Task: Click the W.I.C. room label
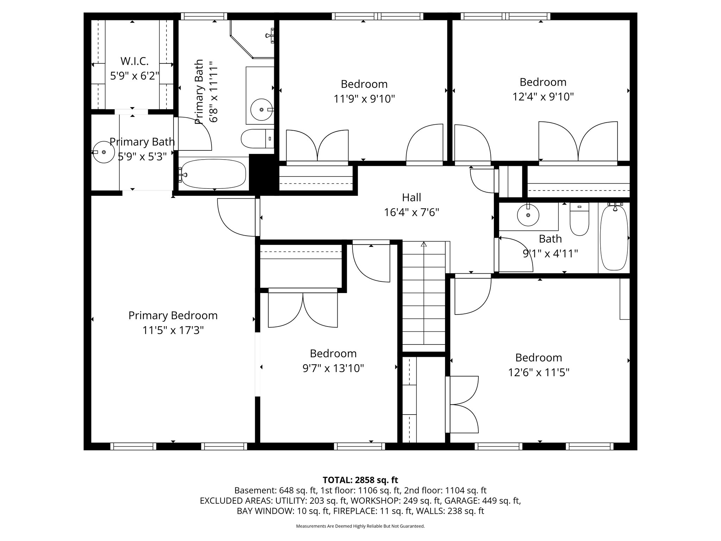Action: point(134,61)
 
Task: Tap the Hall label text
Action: point(412,198)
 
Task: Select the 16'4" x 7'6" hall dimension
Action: point(412,212)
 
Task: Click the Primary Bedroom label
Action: point(173,316)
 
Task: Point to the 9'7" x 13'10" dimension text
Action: point(333,368)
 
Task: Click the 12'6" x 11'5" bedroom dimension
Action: point(539,372)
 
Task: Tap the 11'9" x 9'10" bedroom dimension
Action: point(364,99)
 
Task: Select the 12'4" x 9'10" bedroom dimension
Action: point(543,97)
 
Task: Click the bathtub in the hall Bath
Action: point(614,238)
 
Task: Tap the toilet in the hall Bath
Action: point(579,220)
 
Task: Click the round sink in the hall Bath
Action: point(528,215)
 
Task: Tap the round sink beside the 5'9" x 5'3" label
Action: point(104,152)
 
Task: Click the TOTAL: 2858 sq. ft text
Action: point(360,480)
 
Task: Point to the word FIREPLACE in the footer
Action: point(352,511)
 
